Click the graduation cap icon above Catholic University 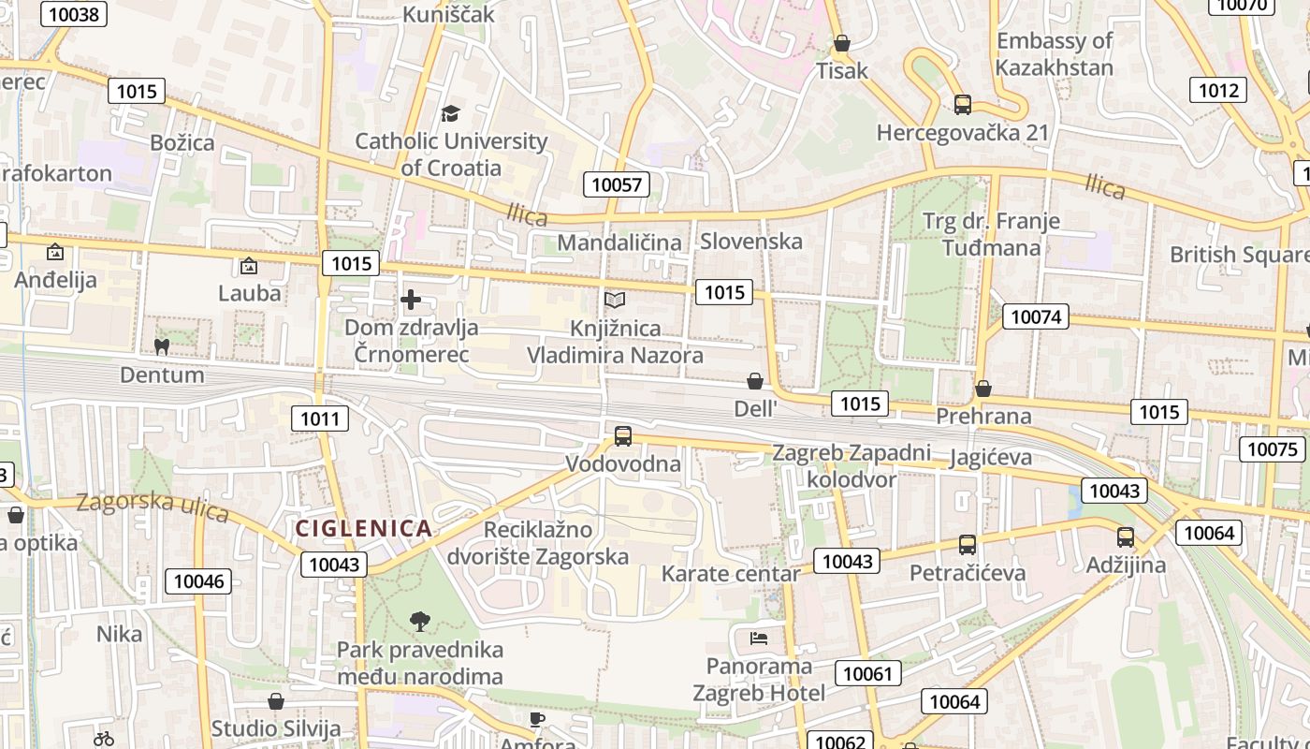pyautogui.click(x=451, y=113)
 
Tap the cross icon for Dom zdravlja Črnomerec pyautogui.click(x=410, y=300)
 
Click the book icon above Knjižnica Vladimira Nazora pyautogui.click(x=614, y=300)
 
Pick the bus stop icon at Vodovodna pyautogui.click(x=623, y=435)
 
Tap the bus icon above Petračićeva pyautogui.click(x=968, y=544)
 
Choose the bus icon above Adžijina pyautogui.click(x=1126, y=537)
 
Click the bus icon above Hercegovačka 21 pyautogui.click(x=962, y=104)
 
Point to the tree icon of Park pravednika pyautogui.click(x=420, y=621)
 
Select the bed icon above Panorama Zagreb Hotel pyautogui.click(x=759, y=639)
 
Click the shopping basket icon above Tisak pyautogui.click(x=841, y=43)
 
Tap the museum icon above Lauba pyautogui.click(x=248, y=266)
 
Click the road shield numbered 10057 pyautogui.click(x=617, y=184)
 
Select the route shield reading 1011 pyautogui.click(x=320, y=419)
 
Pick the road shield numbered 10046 pyautogui.click(x=199, y=581)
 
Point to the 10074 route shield pyautogui.click(x=1036, y=316)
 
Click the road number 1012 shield pyautogui.click(x=1218, y=90)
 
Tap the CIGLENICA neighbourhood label pyautogui.click(x=364, y=529)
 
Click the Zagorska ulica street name pyautogui.click(x=153, y=507)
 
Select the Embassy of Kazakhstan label pyautogui.click(x=1055, y=54)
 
